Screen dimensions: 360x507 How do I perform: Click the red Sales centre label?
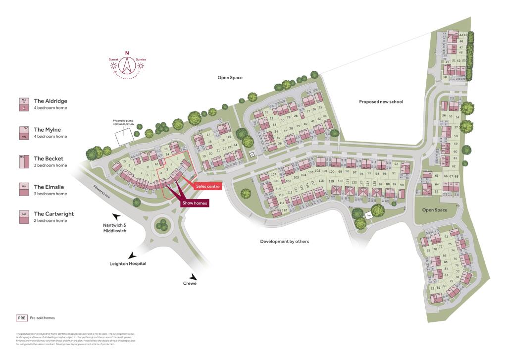[207, 186]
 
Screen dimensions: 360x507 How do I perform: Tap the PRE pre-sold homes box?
[21, 318]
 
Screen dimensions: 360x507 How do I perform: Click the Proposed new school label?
[381, 102]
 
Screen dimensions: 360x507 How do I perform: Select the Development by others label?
[284, 241]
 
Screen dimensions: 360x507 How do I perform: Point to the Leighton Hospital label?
[128, 263]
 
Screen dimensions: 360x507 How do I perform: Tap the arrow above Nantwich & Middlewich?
[117, 216]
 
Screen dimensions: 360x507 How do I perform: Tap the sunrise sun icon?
[141, 65]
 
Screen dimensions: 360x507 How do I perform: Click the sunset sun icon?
[113, 65]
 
